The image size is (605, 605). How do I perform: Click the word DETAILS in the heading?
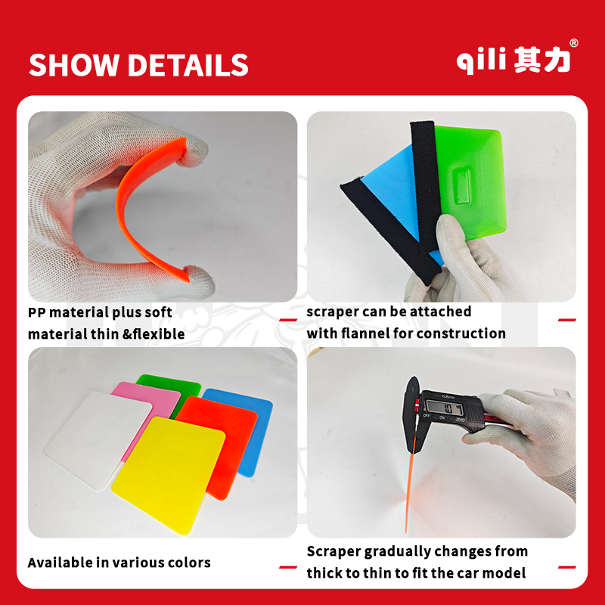(x=188, y=64)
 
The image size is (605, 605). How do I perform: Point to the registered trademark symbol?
(x=574, y=43)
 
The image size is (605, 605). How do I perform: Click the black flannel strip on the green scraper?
(x=425, y=185)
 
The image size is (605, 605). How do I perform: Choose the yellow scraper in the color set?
(x=169, y=475)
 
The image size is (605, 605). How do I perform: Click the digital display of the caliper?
(x=444, y=408)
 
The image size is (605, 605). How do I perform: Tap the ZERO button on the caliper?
(x=460, y=420)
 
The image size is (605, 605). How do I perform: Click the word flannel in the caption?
(x=366, y=333)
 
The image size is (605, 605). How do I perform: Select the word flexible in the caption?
(x=159, y=334)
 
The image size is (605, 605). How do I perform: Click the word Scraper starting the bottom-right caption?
(x=334, y=552)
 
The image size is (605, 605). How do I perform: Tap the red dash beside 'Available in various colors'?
(x=288, y=566)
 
